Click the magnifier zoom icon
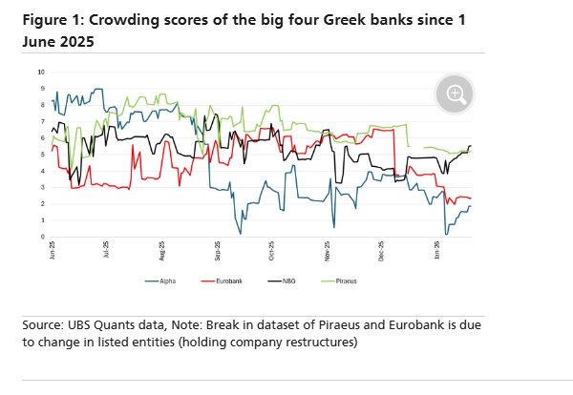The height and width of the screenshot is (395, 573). click(456, 94)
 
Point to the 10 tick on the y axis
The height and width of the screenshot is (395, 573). click(41, 72)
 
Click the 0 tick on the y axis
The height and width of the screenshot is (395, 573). click(42, 237)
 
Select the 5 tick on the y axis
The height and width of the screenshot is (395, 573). click(42, 155)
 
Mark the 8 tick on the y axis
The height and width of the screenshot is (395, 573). click(42, 105)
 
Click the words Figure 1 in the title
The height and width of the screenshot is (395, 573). click(48, 20)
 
